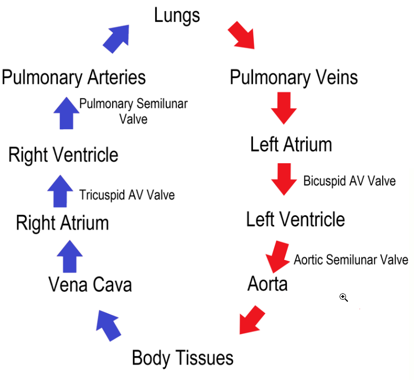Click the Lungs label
(x=177, y=15)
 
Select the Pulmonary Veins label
(x=293, y=78)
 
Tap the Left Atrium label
(x=291, y=145)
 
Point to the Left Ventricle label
(x=295, y=219)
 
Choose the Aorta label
(x=267, y=284)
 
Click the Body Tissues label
(x=182, y=358)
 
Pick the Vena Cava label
(x=90, y=285)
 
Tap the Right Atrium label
(x=62, y=223)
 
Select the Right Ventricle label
(x=63, y=155)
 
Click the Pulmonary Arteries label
(x=73, y=78)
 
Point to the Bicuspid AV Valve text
(x=349, y=181)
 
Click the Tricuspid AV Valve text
(x=126, y=195)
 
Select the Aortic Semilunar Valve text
(x=351, y=259)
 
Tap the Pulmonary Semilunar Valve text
(x=133, y=111)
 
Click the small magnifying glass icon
(x=343, y=298)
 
